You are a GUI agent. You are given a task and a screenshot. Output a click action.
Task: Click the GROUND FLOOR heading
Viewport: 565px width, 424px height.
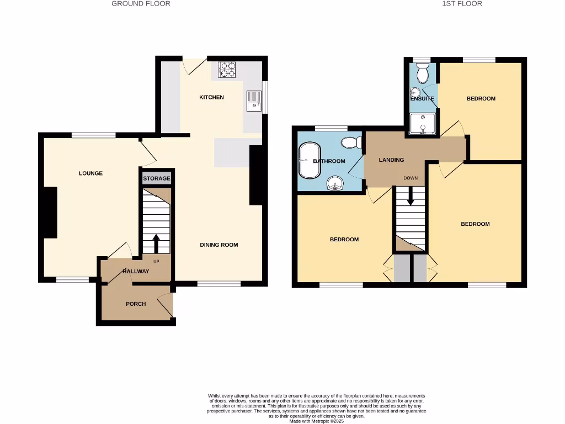coord(141,4)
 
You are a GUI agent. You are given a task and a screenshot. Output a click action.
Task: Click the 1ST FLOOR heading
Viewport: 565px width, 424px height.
coord(462,4)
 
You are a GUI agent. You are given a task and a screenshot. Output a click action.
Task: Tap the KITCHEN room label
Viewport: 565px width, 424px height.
coord(211,97)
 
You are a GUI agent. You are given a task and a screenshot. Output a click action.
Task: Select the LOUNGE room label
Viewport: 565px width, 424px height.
coord(90,173)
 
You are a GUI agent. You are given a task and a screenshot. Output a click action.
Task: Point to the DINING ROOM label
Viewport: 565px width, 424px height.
coord(219,245)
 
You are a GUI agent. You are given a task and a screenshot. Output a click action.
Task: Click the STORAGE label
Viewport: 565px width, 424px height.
coord(157,179)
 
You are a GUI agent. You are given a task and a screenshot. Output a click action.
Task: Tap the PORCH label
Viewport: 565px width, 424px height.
coord(136,304)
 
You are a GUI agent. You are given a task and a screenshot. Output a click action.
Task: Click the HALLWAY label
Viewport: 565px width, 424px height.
coord(136,271)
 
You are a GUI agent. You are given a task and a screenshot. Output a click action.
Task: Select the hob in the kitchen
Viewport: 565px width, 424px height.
coord(227,70)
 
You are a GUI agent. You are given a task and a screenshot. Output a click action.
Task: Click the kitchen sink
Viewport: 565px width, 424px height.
coord(254,100)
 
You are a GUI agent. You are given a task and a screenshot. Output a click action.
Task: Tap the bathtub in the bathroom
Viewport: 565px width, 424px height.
coord(309,161)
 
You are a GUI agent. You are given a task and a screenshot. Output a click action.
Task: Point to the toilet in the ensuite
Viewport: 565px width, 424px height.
coord(423,72)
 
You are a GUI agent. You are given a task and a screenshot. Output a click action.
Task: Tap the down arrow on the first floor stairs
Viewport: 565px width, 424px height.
coord(411,196)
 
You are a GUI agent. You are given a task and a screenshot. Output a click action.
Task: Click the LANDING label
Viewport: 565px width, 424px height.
coord(391,160)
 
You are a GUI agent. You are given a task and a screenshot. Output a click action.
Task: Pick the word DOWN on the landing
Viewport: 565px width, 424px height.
coord(411,178)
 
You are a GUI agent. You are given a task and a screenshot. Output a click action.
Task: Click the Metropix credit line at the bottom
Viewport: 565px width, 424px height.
coord(316,421)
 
